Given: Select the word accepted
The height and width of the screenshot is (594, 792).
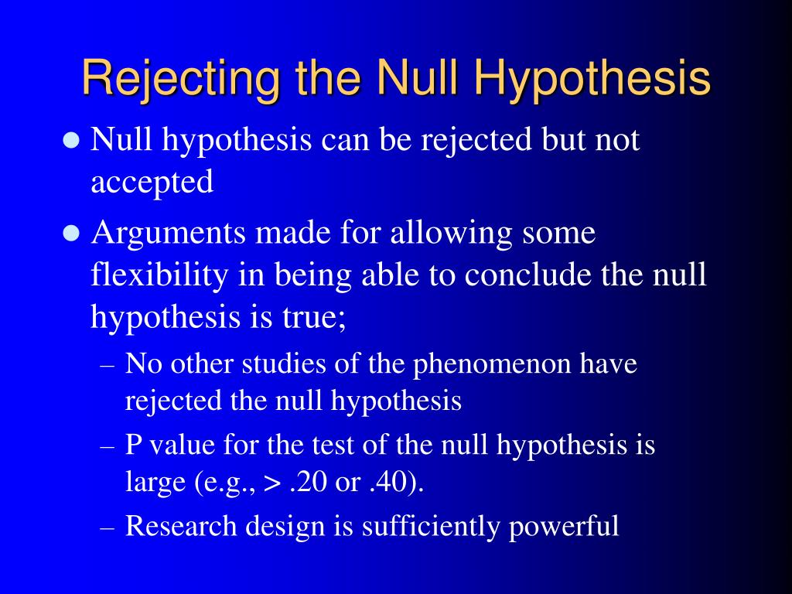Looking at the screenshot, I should click(152, 183).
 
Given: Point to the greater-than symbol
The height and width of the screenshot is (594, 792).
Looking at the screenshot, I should click(273, 484).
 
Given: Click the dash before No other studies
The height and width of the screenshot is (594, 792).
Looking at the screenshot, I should click(109, 365).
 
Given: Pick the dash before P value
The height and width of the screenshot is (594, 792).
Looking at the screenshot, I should click(109, 447).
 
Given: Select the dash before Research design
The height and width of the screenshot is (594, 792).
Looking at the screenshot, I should click(109, 527).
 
